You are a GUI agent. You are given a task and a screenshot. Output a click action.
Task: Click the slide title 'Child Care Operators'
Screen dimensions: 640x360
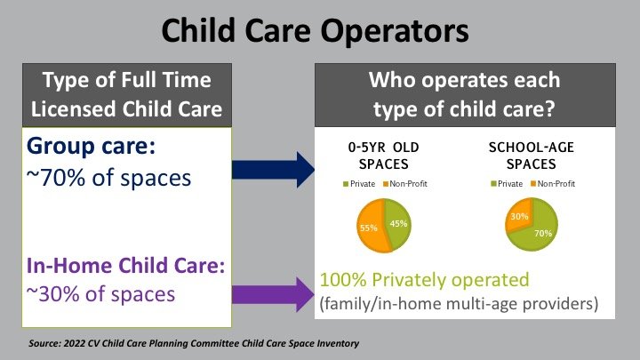coord(315,31)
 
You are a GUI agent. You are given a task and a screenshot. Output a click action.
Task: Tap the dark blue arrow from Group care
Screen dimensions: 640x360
coord(273,170)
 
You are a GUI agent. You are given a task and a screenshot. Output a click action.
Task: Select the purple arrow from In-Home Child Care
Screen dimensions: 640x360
coord(273,294)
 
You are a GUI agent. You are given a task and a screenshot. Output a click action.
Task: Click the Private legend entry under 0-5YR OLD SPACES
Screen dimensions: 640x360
coord(359,184)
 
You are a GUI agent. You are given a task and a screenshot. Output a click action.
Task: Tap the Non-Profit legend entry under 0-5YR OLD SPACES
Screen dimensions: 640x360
coord(405,184)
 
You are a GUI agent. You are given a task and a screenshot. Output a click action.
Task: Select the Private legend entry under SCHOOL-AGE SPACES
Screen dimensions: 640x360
coord(507,184)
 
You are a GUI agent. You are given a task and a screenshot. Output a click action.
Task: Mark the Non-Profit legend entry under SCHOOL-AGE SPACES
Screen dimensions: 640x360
coord(553,184)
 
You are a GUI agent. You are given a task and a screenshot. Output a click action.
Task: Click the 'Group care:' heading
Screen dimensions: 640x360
coord(91,146)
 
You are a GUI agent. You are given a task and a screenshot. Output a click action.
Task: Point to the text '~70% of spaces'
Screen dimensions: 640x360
coord(108,178)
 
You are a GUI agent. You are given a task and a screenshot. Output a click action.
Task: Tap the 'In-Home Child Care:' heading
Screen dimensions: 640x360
coord(125,265)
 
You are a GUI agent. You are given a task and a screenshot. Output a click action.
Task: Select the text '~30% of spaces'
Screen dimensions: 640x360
coord(100,294)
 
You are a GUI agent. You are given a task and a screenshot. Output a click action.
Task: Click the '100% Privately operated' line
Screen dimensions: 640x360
coord(425,280)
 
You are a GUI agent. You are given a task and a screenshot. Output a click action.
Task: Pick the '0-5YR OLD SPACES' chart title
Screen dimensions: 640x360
coord(384,156)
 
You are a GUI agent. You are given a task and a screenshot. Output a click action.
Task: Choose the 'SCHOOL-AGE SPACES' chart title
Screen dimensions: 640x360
coord(532,156)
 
